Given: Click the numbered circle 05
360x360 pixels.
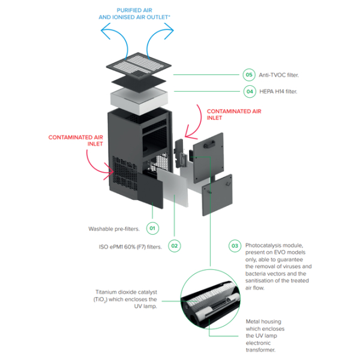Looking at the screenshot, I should (x=249, y=75).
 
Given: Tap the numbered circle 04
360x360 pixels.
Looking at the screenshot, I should (x=249, y=92).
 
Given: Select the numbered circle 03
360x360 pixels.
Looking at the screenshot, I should (x=235, y=245).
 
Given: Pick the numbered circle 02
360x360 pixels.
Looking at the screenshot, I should (x=174, y=245).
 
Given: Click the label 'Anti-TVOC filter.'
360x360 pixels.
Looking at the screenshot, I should (x=279, y=75).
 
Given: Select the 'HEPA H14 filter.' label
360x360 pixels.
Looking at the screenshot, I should (x=278, y=92).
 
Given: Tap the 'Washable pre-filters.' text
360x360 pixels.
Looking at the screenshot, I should (x=113, y=229).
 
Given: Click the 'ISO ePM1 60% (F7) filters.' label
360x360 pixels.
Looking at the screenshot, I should (x=130, y=246).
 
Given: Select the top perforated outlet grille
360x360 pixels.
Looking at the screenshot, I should (x=139, y=58).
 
